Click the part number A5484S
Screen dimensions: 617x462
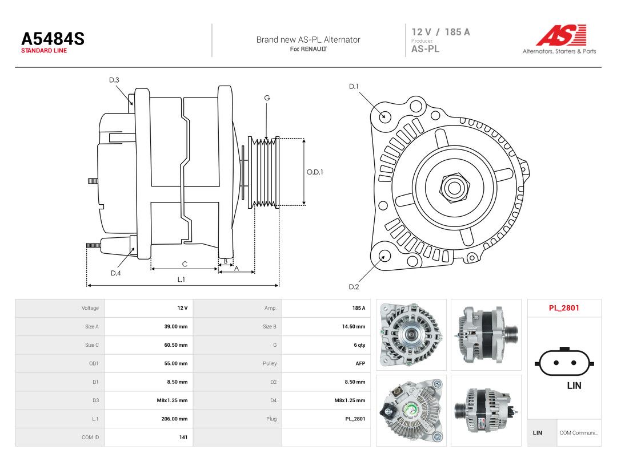(x=53, y=39)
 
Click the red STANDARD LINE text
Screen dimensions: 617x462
(x=44, y=51)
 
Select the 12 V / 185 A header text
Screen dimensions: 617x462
(x=440, y=32)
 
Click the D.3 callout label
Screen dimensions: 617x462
(x=114, y=80)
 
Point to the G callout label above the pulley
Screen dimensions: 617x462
(x=267, y=98)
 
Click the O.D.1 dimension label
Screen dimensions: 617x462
(x=315, y=172)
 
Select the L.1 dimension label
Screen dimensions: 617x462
(x=181, y=279)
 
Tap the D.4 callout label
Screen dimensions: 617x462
(x=115, y=273)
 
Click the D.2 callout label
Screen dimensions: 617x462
(x=354, y=287)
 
